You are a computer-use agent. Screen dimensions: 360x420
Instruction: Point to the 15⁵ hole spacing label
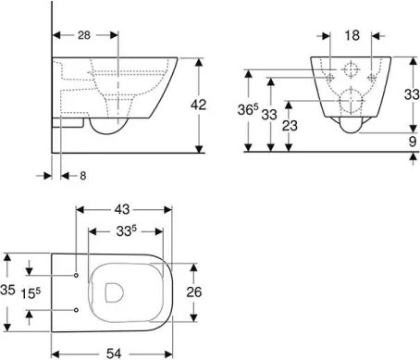34,293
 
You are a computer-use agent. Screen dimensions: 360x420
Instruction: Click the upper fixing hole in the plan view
75,275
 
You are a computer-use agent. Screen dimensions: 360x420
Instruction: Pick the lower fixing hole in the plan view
75,309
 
